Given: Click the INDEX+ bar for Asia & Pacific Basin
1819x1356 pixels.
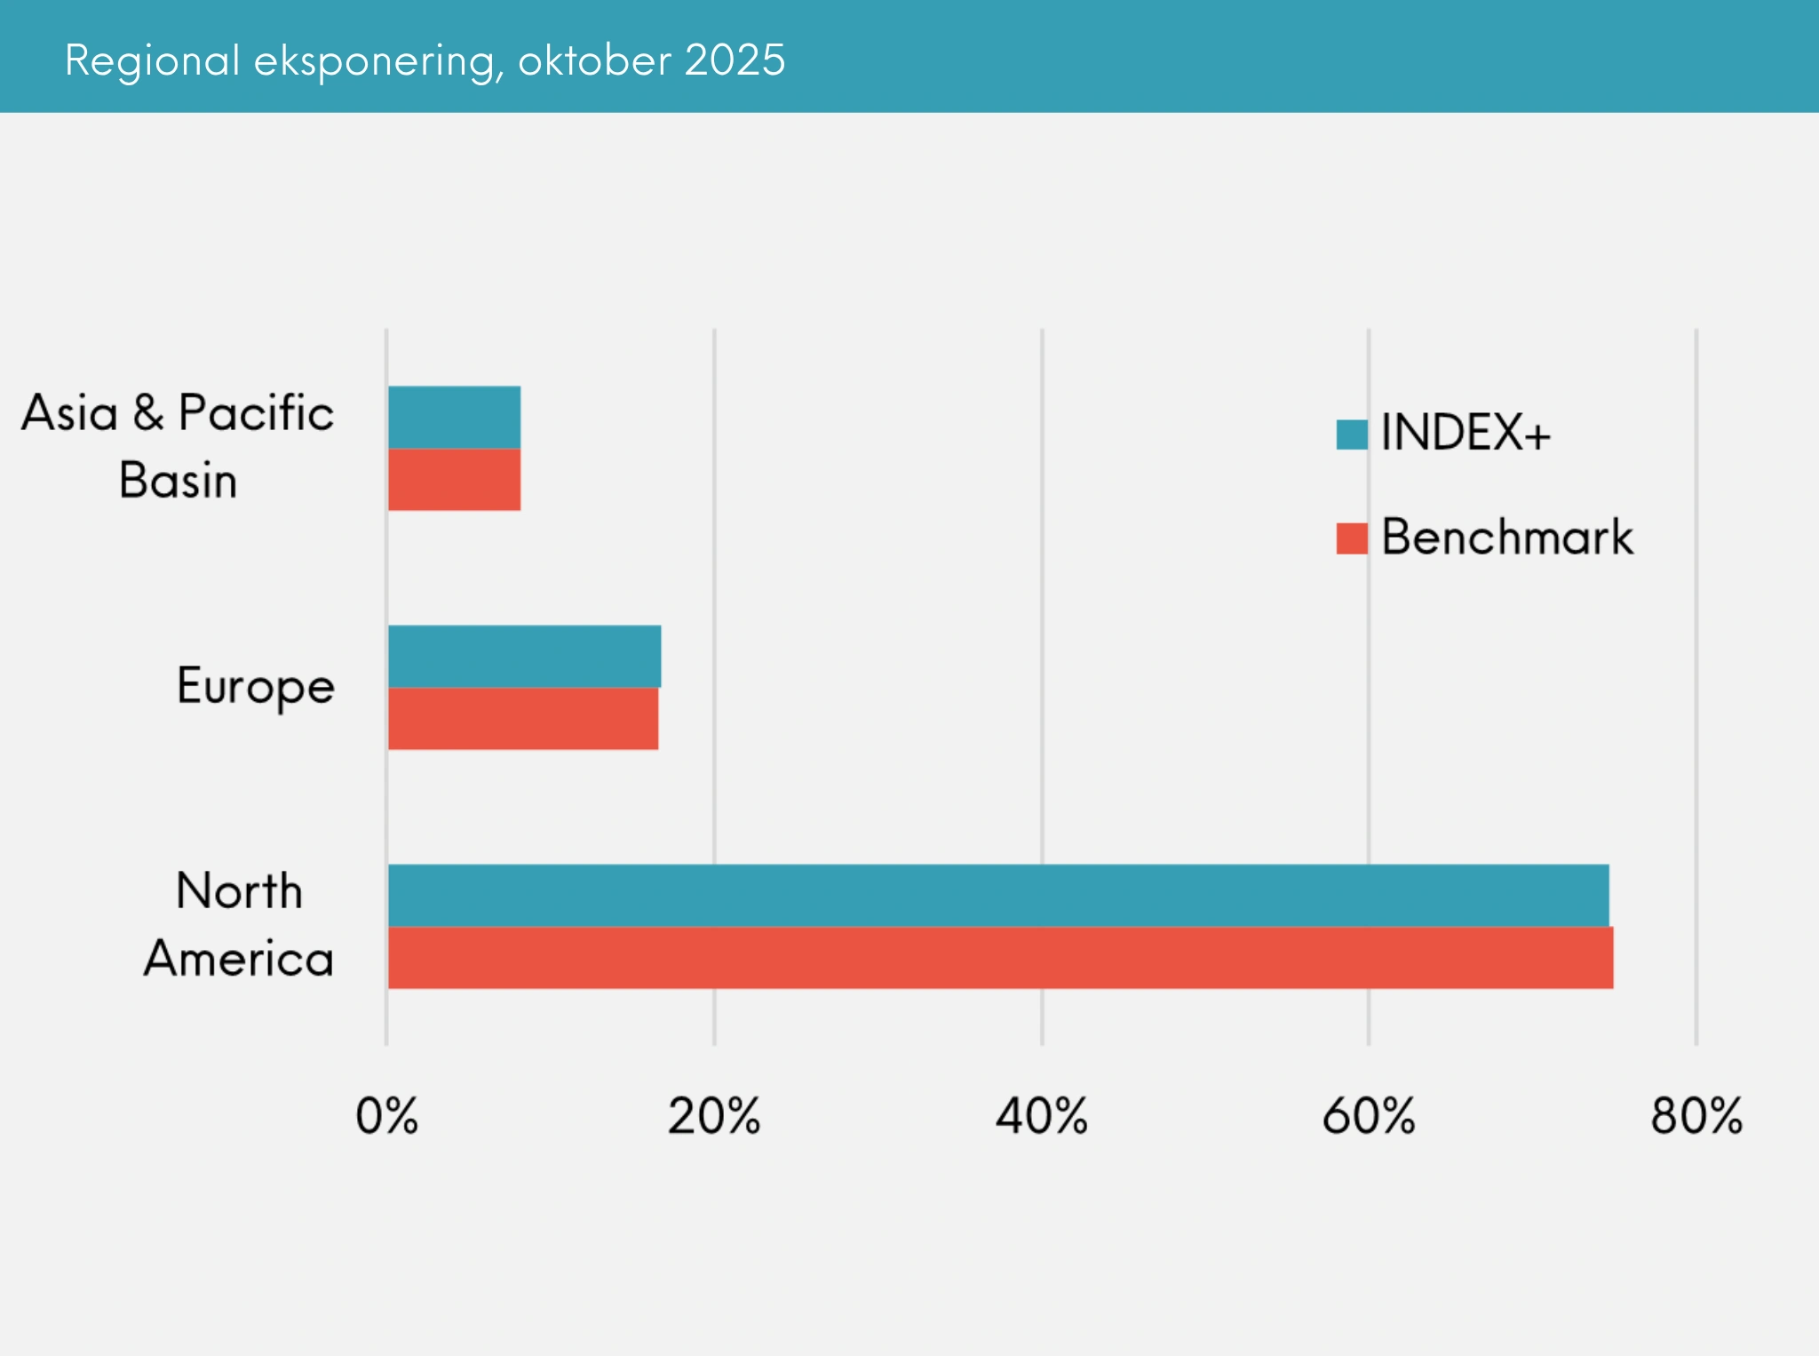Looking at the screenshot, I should tap(454, 417).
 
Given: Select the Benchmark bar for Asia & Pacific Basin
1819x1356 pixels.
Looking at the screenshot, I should tap(454, 479).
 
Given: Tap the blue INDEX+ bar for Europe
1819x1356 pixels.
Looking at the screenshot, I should tap(524, 656).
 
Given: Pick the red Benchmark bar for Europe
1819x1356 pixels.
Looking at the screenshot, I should tap(523, 718).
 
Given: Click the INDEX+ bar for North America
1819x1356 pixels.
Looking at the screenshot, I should tap(997, 895).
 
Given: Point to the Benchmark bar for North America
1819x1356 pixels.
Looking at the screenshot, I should tap(1000, 957).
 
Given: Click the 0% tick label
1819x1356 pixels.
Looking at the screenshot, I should tap(386, 1116).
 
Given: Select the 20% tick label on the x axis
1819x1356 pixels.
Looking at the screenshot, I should tap(714, 1116).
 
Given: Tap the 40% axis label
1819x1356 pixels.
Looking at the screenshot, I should tap(1041, 1116).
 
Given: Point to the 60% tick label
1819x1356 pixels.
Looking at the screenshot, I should tap(1369, 1116).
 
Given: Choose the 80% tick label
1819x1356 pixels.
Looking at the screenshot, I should tap(1696, 1116).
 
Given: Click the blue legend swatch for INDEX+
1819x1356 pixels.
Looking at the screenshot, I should tap(1352, 435).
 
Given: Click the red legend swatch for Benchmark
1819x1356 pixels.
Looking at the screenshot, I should tap(1352, 538).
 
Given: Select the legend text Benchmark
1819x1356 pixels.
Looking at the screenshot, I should tap(1507, 537).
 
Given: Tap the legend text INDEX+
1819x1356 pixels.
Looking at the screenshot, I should tap(1466, 433).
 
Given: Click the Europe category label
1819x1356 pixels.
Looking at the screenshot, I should tap(256, 687).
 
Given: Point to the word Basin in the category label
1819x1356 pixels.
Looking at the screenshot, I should tap(178, 481).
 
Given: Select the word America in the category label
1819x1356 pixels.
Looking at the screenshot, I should tap(239, 959).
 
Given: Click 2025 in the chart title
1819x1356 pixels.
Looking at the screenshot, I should tap(735, 60).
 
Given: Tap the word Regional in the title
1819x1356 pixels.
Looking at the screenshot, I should tap(152, 60).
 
